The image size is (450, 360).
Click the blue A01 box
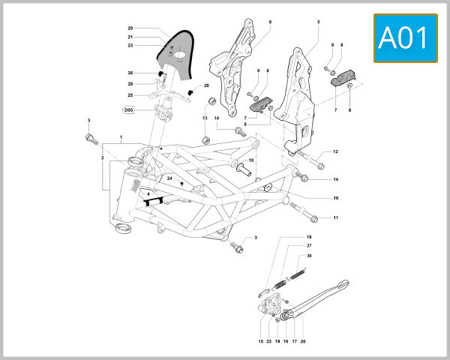pos(405,37)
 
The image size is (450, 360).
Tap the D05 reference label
pos(128,109)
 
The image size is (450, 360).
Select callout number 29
pos(130,28)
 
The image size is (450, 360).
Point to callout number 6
pos(270,22)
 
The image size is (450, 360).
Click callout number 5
pos(318,22)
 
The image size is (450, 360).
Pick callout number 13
pos(204,118)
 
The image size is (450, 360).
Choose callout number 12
pos(335,152)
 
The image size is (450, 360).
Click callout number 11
pos(335,218)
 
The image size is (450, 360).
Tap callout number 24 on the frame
pos(170,178)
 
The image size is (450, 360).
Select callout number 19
pos(308,237)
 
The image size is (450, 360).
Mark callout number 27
pos(308,246)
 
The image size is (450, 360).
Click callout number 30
pos(308,256)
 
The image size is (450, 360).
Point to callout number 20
pos(303,340)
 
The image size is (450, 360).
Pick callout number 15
pos(260,340)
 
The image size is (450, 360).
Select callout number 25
pos(130,95)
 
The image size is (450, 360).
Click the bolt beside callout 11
pos(310,218)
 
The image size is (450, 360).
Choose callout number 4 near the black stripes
pos(148,194)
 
